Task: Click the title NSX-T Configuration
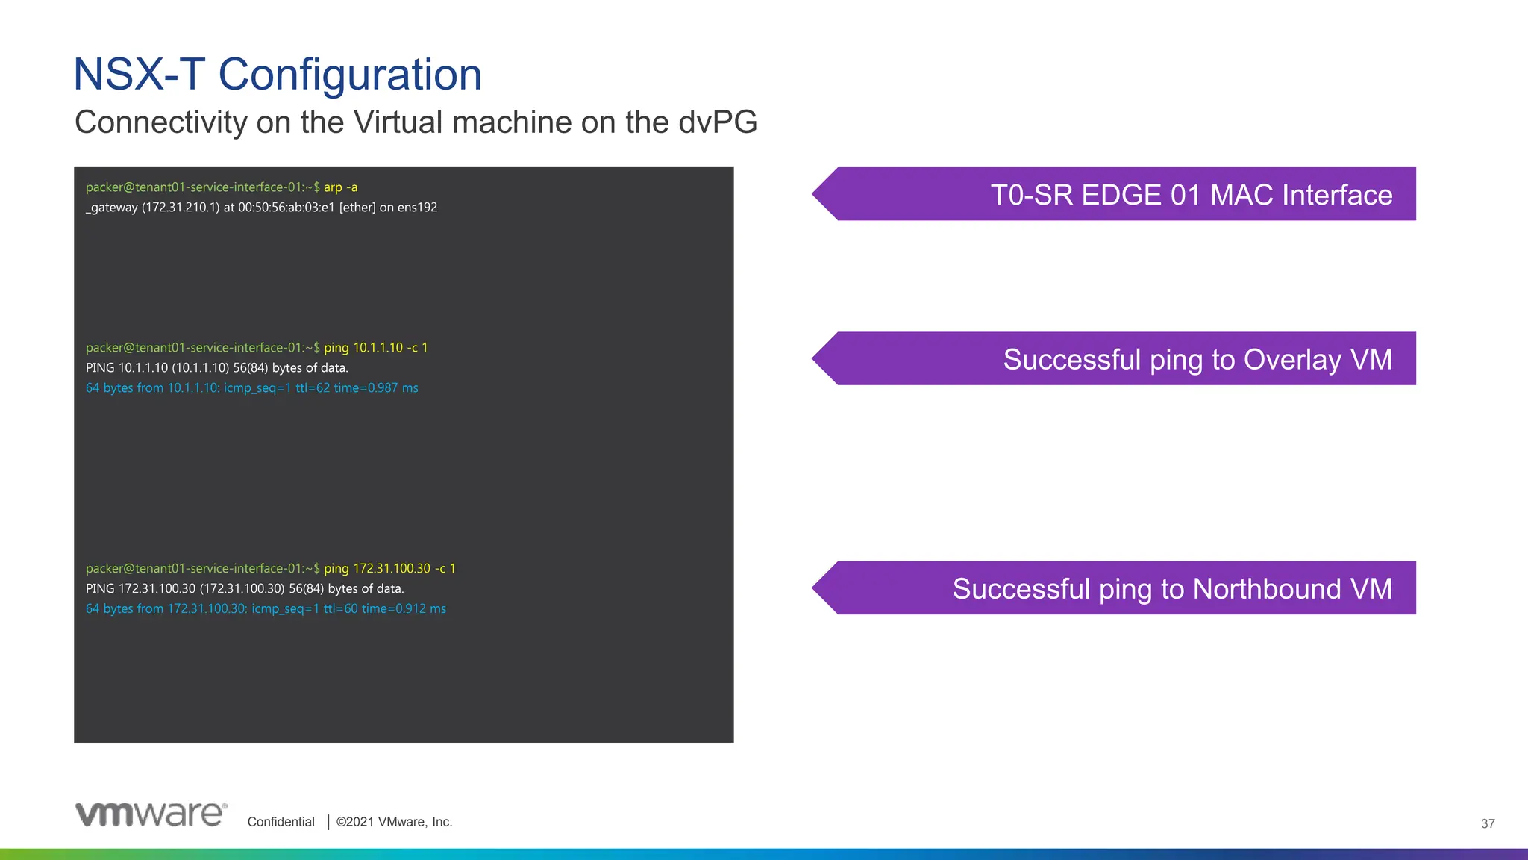coord(278,75)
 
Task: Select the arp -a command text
coord(340,187)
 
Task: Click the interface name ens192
coord(417,208)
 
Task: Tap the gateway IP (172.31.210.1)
coord(180,208)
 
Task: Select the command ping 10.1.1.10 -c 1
coord(375,348)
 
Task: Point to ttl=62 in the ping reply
coord(312,388)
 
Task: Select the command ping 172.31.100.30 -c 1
coord(389,569)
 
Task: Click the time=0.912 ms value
coord(404,609)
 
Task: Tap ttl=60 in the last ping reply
coord(340,609)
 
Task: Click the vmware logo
coord(151,814)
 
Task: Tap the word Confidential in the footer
coord(281,822)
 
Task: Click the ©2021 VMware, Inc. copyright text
coord(394,822)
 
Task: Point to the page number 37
coord(1487,824)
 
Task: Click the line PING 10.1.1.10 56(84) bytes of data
coord(216,368)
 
